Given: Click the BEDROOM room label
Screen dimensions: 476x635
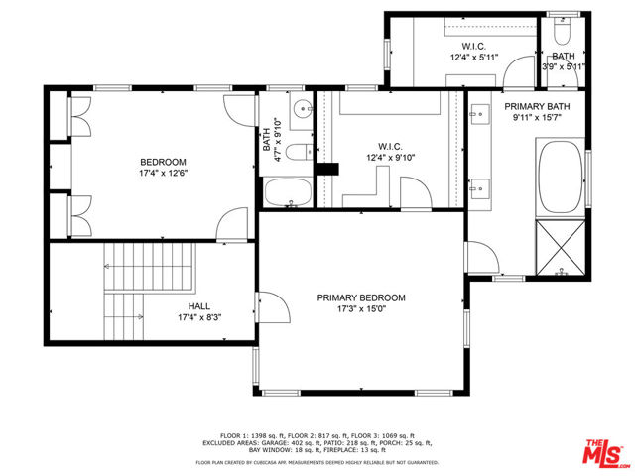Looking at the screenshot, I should (163, 162).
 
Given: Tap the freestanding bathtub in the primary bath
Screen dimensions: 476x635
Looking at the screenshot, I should (562, 178).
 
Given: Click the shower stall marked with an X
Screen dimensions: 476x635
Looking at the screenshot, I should (562, 247).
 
